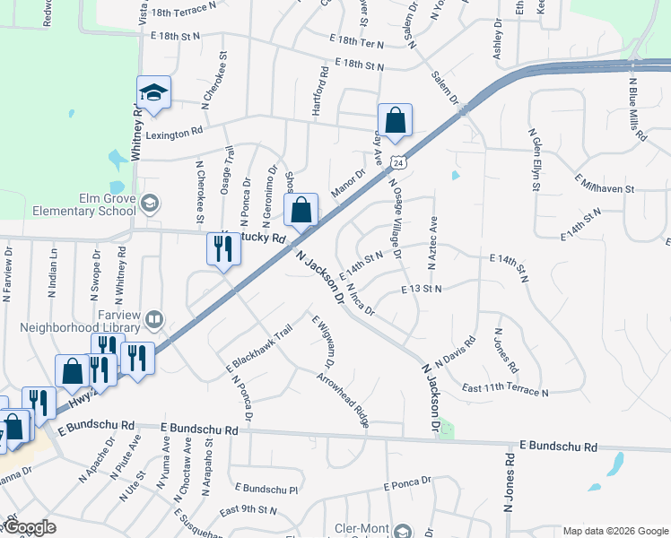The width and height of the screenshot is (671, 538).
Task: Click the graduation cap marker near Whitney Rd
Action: tap(153, 92)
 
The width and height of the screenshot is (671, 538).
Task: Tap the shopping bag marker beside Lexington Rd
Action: tap(395, 118)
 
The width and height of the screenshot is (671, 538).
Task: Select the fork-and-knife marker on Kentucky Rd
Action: tap(223, 249)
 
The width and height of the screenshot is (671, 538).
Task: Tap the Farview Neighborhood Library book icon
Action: tap(154, 319)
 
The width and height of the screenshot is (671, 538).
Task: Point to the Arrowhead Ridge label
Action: tap(343, 399)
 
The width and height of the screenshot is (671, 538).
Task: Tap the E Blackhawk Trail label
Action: tap(259, 350)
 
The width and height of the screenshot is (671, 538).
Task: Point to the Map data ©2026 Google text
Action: tap(615, 531)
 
